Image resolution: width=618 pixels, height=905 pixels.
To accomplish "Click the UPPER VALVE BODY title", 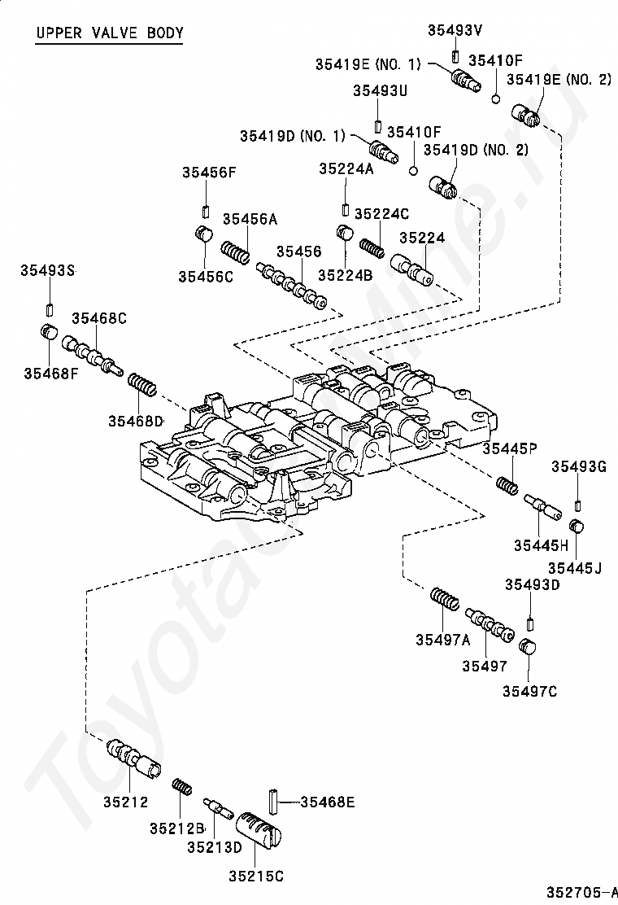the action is pyautogui.click(x=110, y=33).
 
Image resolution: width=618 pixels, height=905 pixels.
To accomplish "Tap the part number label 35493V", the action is pyautogui.click(x=455, y=31).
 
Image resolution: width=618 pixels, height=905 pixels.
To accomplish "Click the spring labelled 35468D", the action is pyautogui.click(x=141, y=384).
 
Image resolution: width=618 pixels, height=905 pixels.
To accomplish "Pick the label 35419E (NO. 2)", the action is pyautogui.click(x=559, y=79).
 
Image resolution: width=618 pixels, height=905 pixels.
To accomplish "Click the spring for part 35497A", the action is pyautogui.click(x=445, y=598).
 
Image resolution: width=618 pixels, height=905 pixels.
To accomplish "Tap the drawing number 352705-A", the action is pyautogui.click(x=579, y=892).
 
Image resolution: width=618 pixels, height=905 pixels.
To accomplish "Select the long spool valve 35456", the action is pyautogui.click(x=292, y=285).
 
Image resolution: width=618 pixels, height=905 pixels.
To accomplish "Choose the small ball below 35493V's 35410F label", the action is pyautogui.click(x=495, y=99).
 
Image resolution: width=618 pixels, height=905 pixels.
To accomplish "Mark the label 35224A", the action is pyautogui.click(x=346, y=168).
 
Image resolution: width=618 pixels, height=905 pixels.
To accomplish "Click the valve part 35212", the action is pyautogui.click(x=133, y=756).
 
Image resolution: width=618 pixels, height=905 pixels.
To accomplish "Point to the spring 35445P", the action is pyautogui.click(x=507, y=484).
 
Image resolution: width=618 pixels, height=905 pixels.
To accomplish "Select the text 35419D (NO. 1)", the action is pyautogui.click(x=292, y=136).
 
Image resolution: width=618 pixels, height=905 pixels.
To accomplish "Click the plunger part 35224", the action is pyautogui.click(x=411, y=269).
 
